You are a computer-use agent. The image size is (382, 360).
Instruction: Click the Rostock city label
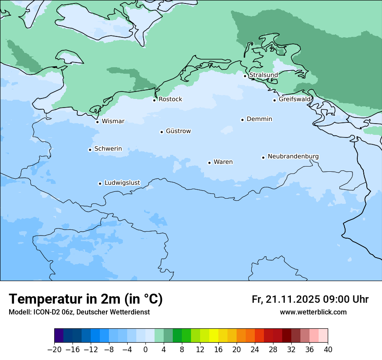(x=170, y=99)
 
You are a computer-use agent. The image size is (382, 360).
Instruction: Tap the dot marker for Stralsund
(x=245, y=76)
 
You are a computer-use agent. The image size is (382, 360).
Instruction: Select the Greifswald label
(x=295, y=99)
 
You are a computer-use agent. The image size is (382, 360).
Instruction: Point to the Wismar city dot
(x=97, y=122)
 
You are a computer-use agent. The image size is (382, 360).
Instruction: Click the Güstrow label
(x=178, y=131)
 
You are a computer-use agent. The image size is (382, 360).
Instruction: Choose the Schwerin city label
(x=108, y=149)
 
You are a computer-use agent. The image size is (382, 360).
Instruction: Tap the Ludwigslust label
(x=122, y=183)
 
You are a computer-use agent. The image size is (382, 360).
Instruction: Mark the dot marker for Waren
(x=209, y=163)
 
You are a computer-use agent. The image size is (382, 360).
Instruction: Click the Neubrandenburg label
(x=293, y=156)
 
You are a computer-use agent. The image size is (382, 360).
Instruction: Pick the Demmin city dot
(x=242, y=120)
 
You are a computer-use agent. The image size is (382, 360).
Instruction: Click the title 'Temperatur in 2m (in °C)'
(x=86, y=299)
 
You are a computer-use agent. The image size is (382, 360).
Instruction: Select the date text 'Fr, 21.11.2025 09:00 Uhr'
(x=310, y=299)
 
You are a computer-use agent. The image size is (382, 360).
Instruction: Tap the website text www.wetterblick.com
(x=313, y=312)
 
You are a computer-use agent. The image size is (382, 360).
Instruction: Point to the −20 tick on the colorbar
(x=54, y=349)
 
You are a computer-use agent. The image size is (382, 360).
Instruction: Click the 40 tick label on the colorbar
(x=328, y=349)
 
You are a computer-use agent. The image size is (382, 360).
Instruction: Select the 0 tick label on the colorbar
(x=145, y=349)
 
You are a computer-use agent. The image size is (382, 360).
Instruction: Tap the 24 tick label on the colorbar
(x=255, y=349)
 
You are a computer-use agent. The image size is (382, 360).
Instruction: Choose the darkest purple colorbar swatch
(x=59, y=336)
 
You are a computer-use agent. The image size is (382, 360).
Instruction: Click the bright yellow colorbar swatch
(x=214, y=336)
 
